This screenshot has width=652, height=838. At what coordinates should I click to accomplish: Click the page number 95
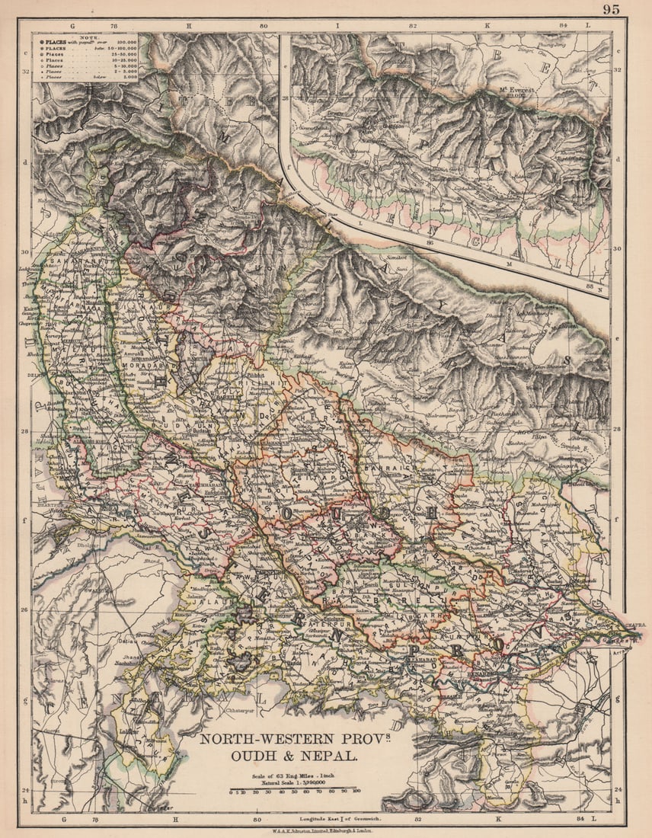point(611,9)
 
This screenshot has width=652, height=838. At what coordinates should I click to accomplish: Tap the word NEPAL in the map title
point(333,756)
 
